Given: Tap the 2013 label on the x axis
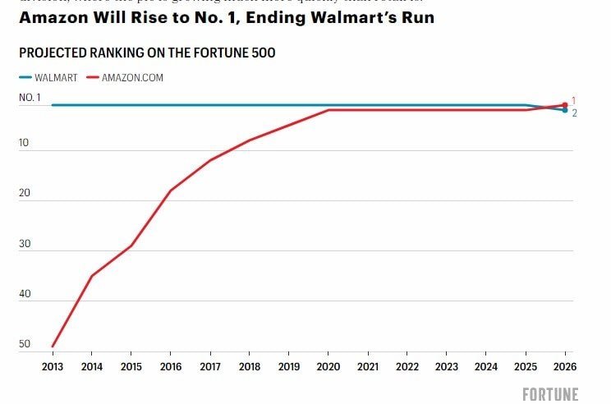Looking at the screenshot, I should tap(52, 366).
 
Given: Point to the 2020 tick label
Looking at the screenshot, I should tap(328, 366).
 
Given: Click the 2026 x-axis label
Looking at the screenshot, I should tap(564, 366).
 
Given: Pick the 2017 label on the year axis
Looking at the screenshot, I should tap(209, 366).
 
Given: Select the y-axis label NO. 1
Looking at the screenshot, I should tap(30, 98).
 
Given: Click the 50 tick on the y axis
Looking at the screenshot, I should tap(25, 344).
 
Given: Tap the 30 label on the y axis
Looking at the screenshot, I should tap(25, 244).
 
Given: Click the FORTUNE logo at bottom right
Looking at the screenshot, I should tap(550, 394).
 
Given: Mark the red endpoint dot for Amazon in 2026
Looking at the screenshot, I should tap(564, 104).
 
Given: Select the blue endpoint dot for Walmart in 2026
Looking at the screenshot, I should tap(564, 110).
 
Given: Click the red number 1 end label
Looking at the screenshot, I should tap(573, 99).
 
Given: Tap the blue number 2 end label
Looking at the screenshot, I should tap(574, 113).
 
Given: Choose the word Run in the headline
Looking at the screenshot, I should tap(416, 16).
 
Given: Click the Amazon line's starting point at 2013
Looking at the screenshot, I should tap(53, 346).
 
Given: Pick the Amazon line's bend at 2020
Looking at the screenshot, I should tap(328, 110).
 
